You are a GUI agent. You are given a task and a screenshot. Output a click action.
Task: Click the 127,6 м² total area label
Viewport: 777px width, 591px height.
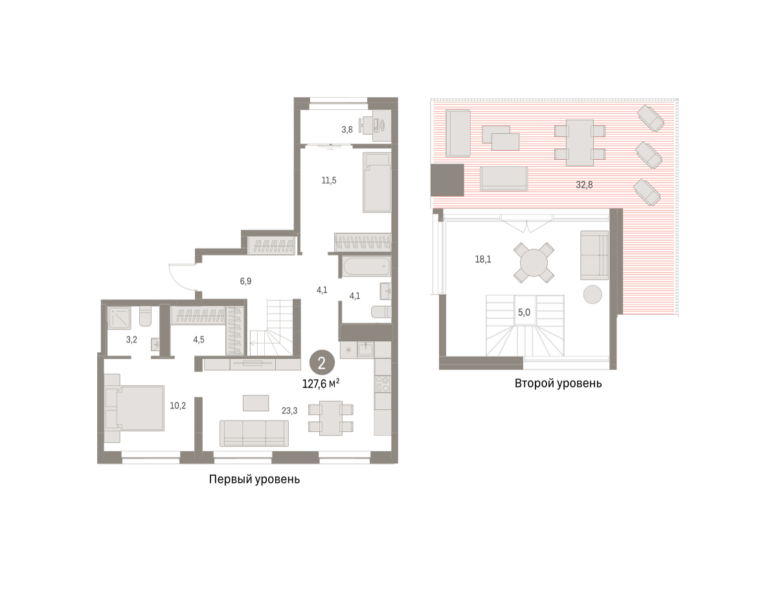(x=321, y=384)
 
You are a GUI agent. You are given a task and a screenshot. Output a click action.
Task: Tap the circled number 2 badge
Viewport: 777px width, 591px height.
(x=322, y=362)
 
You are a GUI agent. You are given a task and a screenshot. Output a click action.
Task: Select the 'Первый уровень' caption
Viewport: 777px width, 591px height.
(x=254, y=480)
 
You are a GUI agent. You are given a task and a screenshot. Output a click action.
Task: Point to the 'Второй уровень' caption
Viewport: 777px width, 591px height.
(x=558, y=383)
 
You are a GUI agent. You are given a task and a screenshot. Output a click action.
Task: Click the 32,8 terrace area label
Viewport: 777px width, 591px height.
(x=584, y=184)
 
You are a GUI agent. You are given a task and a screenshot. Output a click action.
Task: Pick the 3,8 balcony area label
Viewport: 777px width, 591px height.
(x=347, y=130)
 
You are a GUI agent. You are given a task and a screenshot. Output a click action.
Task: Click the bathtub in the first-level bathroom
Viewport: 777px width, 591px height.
(x=366, y=266)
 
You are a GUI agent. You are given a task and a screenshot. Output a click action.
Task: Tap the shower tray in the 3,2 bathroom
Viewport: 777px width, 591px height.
(x=119, y=317)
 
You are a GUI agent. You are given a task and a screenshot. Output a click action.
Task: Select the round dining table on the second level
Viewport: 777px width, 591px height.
(x=534, y=263)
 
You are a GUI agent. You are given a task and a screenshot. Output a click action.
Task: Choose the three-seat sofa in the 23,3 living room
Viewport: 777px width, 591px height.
(x=254, y=433)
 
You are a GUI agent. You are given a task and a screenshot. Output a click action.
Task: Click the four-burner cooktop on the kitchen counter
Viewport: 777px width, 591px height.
(x=383, y=384)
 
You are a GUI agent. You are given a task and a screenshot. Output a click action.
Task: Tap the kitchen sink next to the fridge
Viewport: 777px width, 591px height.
(x=365, y=350)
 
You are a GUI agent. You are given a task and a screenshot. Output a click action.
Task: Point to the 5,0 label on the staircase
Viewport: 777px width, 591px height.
(x=524, y=313)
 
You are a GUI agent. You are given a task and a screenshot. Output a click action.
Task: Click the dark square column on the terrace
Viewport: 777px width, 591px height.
(x=447, y=180)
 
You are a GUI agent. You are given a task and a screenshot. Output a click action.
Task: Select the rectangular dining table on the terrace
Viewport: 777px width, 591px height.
(x=580, y=142)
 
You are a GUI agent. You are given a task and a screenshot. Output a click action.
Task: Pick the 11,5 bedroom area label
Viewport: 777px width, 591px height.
(x=329, y=181)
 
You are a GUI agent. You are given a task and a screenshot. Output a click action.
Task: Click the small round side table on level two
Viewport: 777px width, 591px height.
(x=592, y=294)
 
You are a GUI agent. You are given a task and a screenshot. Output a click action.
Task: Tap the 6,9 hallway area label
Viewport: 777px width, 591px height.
(x=245, y=282)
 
